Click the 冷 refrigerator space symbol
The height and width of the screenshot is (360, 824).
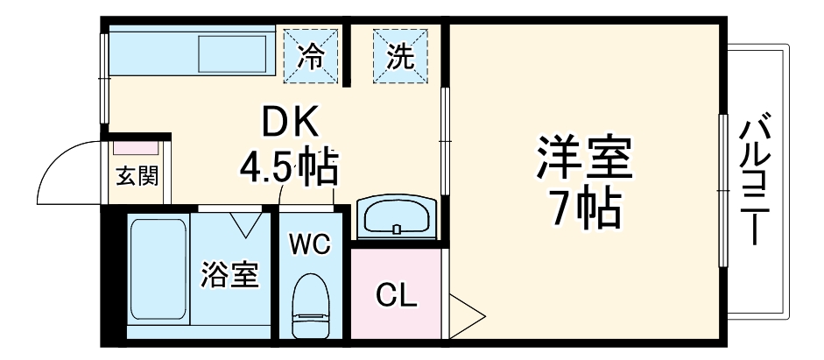click(311, 56)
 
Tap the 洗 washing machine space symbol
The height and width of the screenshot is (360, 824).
click(400, 56)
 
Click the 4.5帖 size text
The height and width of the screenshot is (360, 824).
click(288, 166)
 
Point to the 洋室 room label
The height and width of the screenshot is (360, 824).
click(584, 158)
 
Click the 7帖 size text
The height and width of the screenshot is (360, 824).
click(585, 208)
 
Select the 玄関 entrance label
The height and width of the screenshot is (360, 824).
click(137, 175)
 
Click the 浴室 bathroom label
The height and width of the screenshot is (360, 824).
click(229, 275)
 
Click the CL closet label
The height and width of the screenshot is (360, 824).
click(396, 296)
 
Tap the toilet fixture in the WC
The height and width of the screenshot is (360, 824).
click(310, 306)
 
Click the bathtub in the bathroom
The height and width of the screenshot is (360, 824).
click(158, 269)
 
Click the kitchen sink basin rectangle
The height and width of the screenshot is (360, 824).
click(232, 54)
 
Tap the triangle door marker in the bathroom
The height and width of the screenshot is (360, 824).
click(246, 224)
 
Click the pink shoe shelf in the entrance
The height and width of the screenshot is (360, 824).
click(136, 148)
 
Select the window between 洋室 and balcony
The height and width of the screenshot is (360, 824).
click(723, 191)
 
